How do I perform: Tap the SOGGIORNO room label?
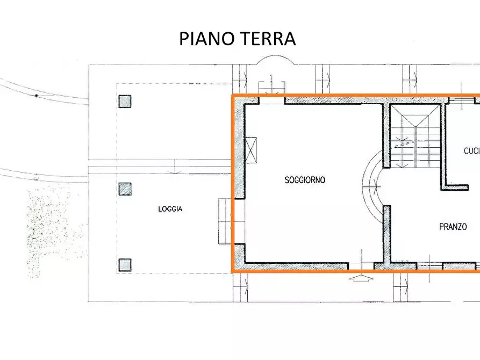pos(305,181)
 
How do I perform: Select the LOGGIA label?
pos(170,209)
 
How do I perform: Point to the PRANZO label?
pos(453,227)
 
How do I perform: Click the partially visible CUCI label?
pos(471,151)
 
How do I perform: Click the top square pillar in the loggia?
pos(125,102)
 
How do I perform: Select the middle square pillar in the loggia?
pos(125,189)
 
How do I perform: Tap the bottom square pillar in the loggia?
pos(125,264)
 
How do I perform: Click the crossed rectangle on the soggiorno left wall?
pos(251,150)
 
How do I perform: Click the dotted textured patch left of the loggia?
pos(54,231)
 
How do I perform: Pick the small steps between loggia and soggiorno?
pos(225,221)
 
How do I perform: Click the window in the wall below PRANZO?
pos(430,265)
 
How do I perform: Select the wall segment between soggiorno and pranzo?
pos(386,231)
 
